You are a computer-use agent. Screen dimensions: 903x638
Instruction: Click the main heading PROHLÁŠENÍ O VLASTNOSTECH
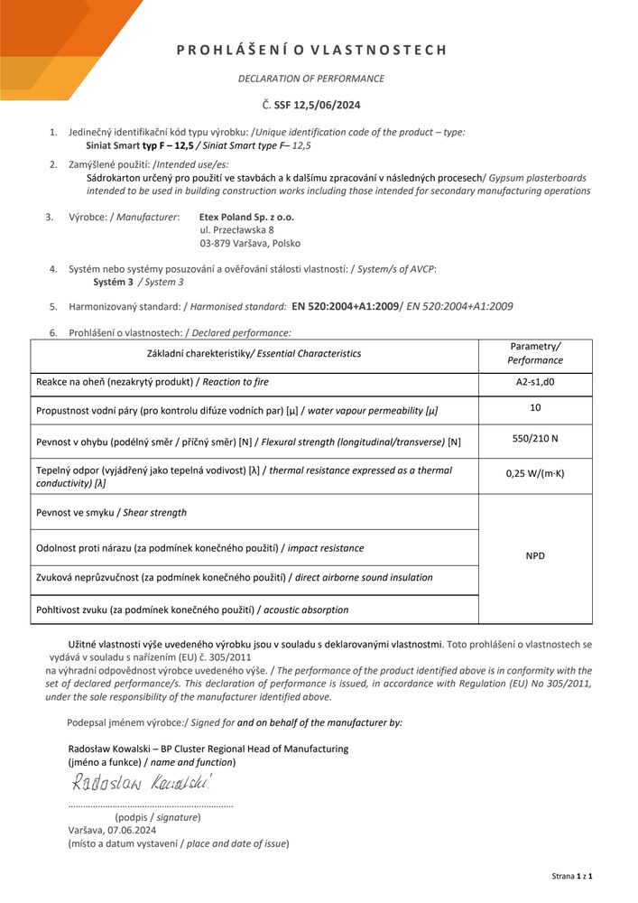[x=311, y=51]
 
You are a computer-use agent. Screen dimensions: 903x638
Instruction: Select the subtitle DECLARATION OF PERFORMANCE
[x=311, y=79]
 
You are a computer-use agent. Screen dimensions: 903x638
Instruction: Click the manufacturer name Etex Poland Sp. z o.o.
[x=246, y=217]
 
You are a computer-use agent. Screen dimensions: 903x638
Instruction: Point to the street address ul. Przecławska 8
[x=236, y=230]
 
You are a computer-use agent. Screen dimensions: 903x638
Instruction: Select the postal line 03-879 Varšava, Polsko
[x=250, y=244]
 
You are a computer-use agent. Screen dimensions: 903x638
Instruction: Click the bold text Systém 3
[x=112, y=282]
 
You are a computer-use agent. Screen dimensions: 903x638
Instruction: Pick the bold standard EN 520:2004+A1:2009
[x=345, y=307]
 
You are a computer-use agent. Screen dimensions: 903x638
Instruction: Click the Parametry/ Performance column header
[x=535, y=353]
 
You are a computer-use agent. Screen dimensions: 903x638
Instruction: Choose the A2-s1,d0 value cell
[x=535, y=382]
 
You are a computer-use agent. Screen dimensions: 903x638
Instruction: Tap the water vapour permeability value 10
[x=535, y=408]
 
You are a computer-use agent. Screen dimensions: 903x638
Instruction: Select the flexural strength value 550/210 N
[x=535, y=439]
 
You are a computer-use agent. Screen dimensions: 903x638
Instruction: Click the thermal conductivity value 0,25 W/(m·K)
[x=535, y=473]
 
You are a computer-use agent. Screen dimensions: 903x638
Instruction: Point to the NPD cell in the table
[x=535, y=556]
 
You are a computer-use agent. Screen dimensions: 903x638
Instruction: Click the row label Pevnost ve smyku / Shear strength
[x=112, y=513]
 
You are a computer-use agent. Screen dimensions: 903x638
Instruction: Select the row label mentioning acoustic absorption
[x=192, y=610]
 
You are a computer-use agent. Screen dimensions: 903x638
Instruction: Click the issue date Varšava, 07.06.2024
[x=112, y=830]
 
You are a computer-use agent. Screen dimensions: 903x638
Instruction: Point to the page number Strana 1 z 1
[x=571, y=877]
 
